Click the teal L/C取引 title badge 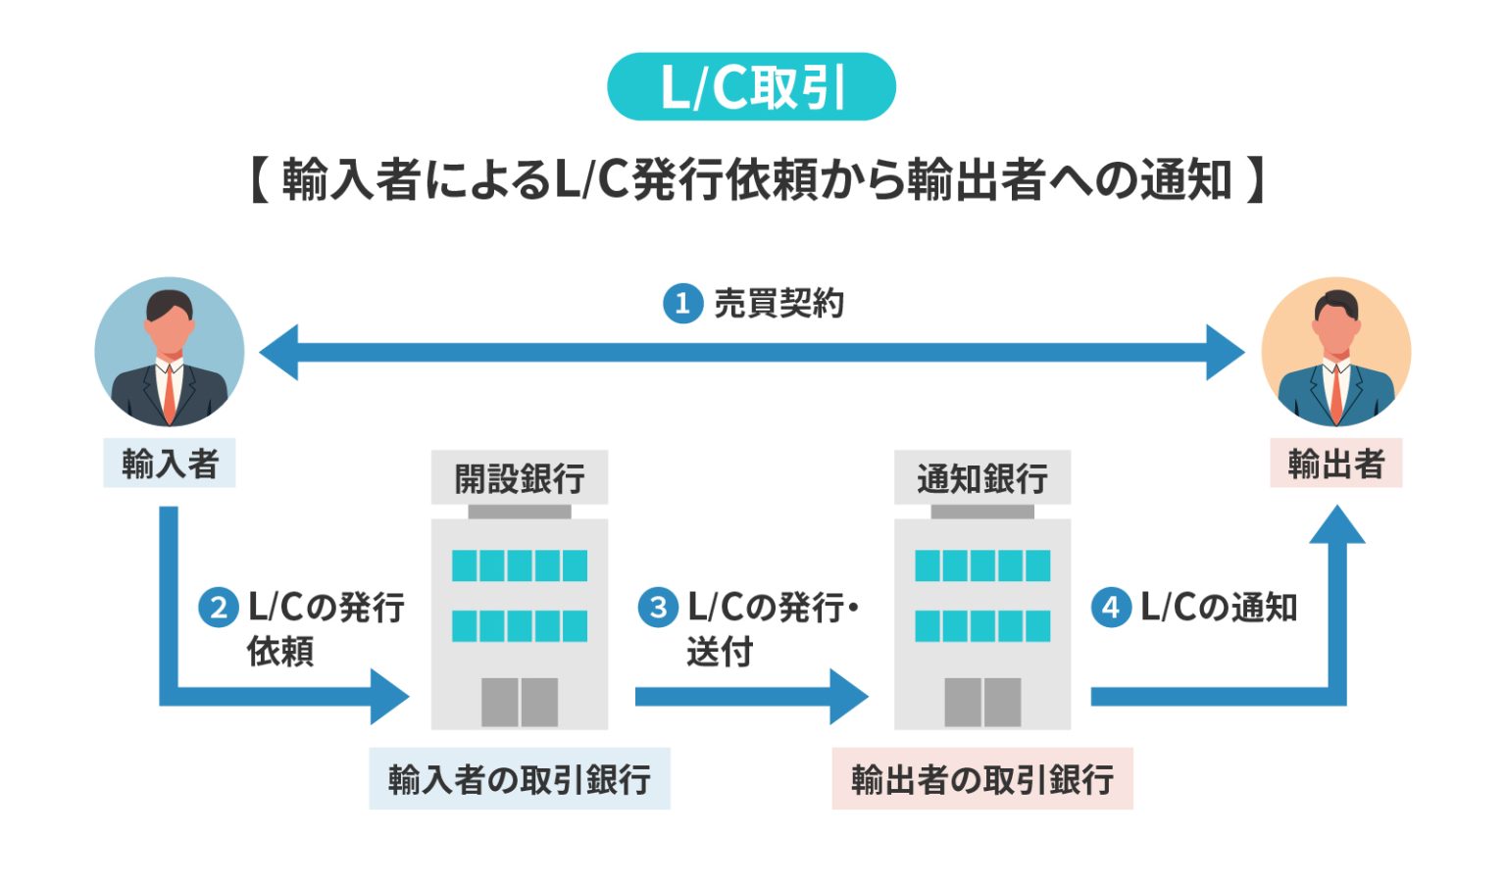coord(751,87)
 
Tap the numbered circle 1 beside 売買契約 coord(682,304)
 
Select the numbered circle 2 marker coord(219,608)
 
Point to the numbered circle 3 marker coord(658,608)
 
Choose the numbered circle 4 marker coord(1111,608)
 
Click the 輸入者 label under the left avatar coord(170,464)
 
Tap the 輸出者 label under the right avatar coord(1335,464)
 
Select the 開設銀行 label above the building coord(520,478)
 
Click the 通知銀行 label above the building coord(982,478)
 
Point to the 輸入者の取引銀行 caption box coord(520,779)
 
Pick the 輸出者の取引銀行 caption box coord(982,779)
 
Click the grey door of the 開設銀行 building coord(520,702)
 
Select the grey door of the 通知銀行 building coord(982,702)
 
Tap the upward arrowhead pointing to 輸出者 coord(1337,525)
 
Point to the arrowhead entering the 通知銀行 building coord(848,697)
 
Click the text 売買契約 coord(778,304)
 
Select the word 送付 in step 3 coord(720,651)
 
